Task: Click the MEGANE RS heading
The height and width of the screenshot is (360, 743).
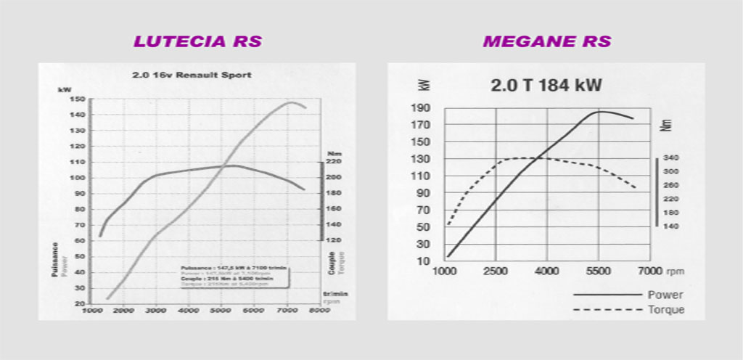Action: pyautogui.click(x=547, y=41)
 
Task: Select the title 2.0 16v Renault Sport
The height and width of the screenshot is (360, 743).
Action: pyautogui.click(x=192, y=74)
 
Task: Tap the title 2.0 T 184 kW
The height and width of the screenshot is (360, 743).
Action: pyautogui.click(x=546, y=86)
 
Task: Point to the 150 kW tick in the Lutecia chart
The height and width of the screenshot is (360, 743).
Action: pyautogui.click(x=77, y=99)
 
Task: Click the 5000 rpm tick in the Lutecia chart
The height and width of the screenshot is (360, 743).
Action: pyautogui.click(x=221, y=311)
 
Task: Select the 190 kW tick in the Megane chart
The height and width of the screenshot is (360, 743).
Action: pyautogui.click(x=421, y=108)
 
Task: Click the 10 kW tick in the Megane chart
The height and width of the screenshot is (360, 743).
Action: pyautogui.click(x=424, y=261)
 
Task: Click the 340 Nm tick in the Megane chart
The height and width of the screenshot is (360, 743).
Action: pyautogui.click(x=671, y=157)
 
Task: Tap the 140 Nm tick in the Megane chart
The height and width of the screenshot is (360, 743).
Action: pyautogui.click(x=671, y=226)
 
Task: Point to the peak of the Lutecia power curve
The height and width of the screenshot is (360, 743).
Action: pyautogui.click(x=290, y=102)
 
